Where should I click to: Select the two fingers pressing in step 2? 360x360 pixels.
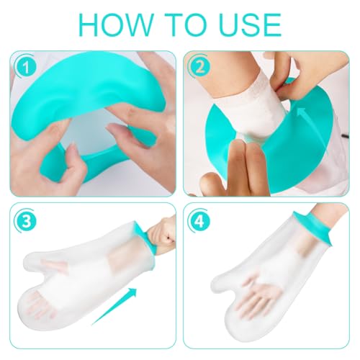pyautogui.click(x=241, y=162)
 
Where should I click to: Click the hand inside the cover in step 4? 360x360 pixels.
pyautogui.click(x=277, y=302)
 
